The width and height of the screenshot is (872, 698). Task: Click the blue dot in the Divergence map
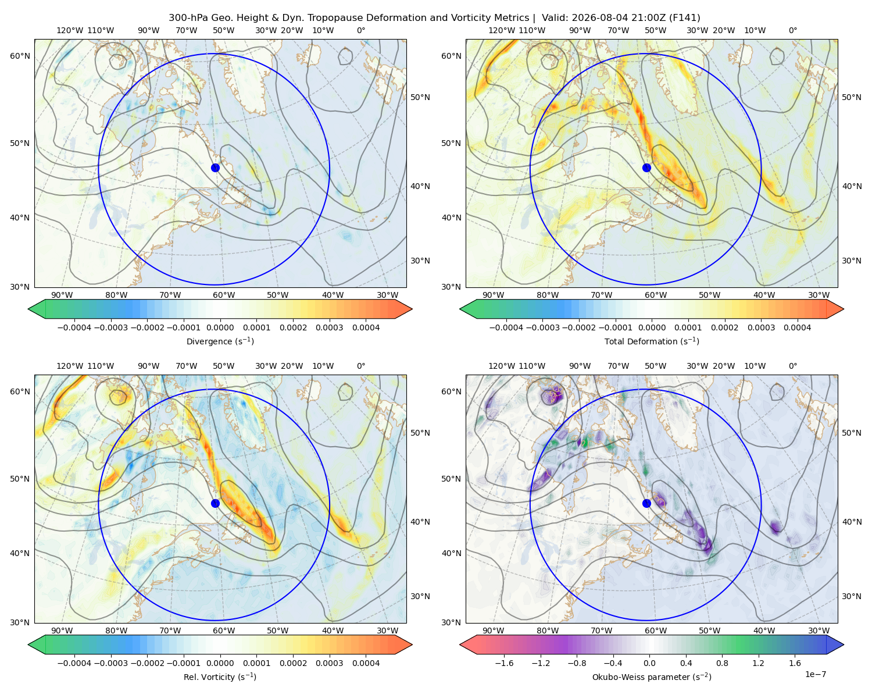[215, 168]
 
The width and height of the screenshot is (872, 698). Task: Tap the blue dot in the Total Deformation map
[646, 168]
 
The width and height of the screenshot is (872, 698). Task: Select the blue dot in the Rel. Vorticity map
[215, 503]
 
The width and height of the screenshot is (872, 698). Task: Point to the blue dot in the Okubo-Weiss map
[646, 503]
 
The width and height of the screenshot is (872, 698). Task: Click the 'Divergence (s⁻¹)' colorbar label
[220, 341]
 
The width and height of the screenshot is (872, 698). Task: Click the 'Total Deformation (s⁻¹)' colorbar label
[652, 341]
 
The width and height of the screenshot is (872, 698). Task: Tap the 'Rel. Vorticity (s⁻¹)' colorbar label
[220, 677]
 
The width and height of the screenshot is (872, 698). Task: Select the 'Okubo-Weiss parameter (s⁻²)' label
[652, 677]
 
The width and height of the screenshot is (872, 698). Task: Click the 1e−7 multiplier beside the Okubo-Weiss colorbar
[815, 674]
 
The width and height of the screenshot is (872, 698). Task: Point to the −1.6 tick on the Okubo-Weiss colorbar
[504, 663]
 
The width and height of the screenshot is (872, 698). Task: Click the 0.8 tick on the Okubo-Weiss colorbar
[722, 663]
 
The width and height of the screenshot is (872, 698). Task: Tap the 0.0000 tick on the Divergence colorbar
[220, 327]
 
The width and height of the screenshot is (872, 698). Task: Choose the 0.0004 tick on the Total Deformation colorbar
[797, 327]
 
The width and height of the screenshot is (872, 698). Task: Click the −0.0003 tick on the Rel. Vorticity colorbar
[110, 663]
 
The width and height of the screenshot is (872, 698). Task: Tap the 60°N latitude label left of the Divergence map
[20, 56]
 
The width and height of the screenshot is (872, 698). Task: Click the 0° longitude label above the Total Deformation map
[792, 30]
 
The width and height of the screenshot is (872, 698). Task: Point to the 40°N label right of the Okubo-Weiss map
[852, 522]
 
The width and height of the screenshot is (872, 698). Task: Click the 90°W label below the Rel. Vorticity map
[62, 631]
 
